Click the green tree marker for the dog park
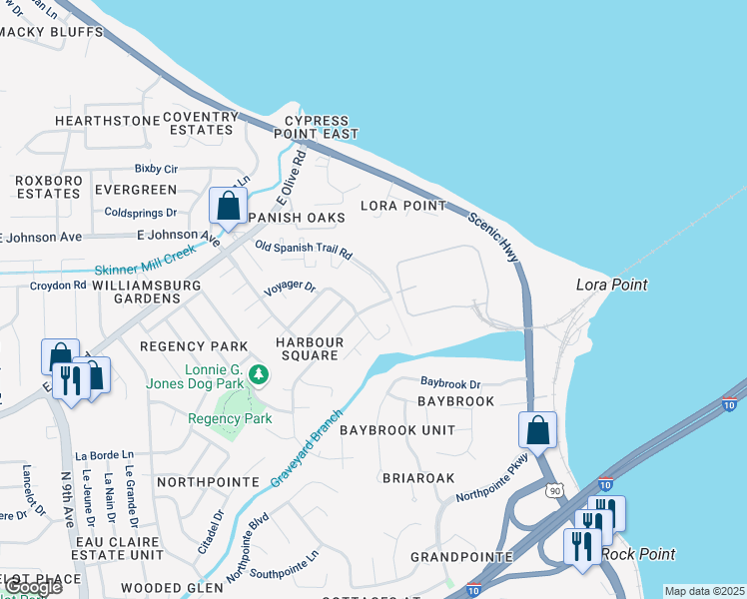259,375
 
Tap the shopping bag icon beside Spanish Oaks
229,207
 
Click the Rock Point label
640,554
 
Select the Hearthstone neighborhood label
107,121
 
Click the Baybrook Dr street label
450,382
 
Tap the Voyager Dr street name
290,289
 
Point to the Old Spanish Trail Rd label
304,250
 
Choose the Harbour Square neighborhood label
311,349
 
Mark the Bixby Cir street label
156,170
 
